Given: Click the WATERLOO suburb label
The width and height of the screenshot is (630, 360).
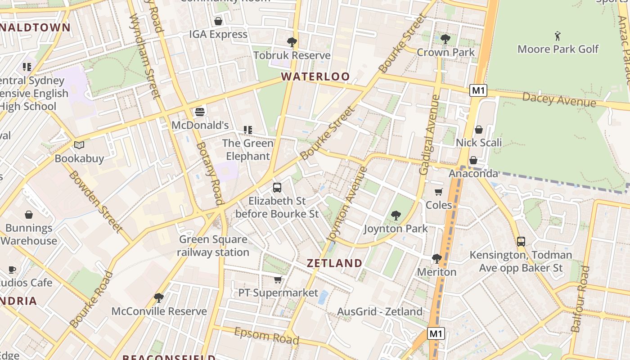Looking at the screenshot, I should (315, 76).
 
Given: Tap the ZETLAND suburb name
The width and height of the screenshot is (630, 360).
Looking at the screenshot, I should (334, 263).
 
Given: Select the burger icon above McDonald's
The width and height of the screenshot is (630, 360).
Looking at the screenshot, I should (200, 112).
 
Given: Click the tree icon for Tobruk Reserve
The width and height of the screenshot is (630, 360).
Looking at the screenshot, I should (292, 42).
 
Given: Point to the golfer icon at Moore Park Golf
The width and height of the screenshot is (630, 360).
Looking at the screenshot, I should (558, 36).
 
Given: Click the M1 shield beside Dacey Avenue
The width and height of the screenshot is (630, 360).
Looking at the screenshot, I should (478, 90).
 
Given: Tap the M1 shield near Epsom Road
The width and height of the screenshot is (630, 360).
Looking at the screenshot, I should (436, 334).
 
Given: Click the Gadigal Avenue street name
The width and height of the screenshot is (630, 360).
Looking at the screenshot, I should (430, 135).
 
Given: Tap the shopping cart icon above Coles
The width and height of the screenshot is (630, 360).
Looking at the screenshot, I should (439, 192).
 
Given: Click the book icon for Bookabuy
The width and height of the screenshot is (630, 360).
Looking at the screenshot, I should (79, 145).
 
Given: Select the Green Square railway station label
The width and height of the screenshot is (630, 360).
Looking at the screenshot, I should (213, 246).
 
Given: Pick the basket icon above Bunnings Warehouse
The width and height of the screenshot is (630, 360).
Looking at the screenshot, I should (29, 215).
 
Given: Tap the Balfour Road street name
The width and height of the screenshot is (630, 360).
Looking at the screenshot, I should (580, 299).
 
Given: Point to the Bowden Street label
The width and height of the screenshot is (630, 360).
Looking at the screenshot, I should (95, 202).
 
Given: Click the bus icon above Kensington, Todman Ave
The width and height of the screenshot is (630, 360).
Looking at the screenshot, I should (521, 242).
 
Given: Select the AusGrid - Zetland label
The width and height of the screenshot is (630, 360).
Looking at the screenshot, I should (380, 311).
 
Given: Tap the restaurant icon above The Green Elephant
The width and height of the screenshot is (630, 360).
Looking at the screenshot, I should (248, 130).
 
